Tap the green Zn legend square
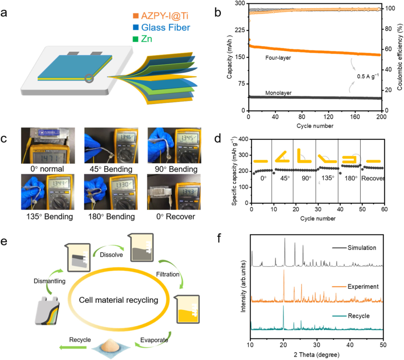click(136, 39)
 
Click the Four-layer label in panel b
click(278, 57)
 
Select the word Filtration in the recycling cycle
click(167, 274)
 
